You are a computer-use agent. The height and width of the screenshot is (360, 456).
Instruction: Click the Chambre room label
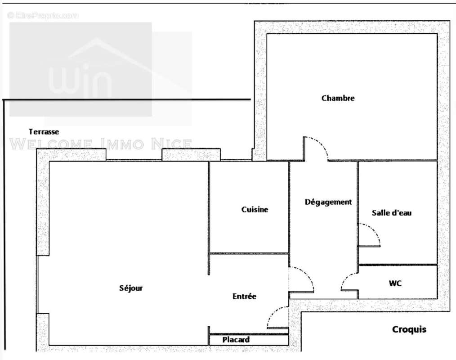338,98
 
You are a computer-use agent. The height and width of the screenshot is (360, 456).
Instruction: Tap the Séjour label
131,288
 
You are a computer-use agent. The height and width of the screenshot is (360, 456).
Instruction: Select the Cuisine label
255,209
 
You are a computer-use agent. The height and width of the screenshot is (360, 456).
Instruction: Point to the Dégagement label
328,202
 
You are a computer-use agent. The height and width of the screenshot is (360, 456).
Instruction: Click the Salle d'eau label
391,213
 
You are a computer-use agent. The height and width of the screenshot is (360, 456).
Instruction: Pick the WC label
395,283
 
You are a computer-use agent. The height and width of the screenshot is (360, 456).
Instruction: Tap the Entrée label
244,296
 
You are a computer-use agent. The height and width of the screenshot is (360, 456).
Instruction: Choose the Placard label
236,340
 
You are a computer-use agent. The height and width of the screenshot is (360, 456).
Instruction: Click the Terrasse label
44,132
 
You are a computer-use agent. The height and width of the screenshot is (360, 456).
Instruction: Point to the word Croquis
409,329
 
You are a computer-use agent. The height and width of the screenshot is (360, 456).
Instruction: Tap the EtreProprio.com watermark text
43,16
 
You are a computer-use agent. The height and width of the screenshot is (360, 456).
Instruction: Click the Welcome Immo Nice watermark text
101,144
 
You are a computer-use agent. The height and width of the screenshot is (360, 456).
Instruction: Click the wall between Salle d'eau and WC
398,265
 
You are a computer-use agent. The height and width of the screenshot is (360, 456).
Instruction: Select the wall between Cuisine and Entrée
249,253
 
